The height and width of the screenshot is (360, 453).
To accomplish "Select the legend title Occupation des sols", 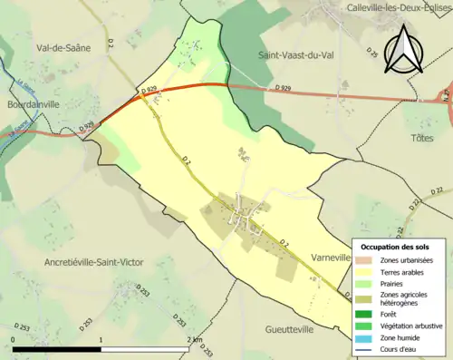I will pos(397,247).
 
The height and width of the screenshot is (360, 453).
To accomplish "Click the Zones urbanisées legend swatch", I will pos(363,260).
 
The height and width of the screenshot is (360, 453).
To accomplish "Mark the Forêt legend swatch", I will pos(363,314).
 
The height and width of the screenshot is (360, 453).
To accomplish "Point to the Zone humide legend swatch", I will pos(363,337).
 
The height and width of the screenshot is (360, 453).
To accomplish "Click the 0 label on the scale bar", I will pos(13,339).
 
